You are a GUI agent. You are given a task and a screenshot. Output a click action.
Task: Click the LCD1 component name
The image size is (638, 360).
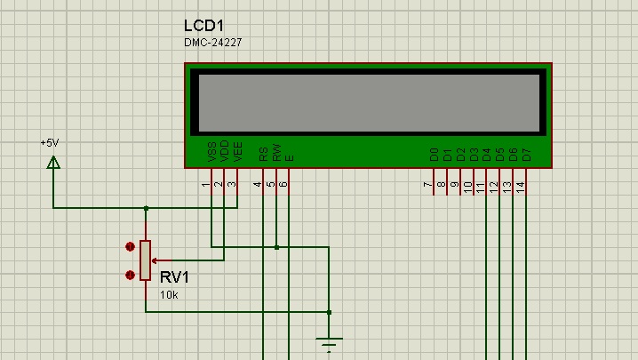[x=203, y=26]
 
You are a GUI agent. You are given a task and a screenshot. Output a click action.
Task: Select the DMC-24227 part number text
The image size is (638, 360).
[x=212, y=43]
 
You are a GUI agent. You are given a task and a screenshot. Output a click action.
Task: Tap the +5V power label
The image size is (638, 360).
[x=50, y=143]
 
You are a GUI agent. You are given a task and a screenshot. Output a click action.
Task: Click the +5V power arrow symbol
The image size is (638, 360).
[x=53, y=163]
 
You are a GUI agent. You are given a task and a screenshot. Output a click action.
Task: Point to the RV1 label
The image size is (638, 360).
[x=174, y=277]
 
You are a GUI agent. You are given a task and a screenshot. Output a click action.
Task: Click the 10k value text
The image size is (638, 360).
[x=169, y=295]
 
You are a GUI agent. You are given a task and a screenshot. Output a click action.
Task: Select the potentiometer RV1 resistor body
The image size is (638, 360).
[x=145, y=260]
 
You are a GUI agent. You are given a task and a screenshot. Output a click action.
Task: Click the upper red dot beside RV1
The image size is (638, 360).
[x=130, y=247]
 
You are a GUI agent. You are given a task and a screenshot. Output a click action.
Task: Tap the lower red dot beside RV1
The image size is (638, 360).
[x=130, y=276]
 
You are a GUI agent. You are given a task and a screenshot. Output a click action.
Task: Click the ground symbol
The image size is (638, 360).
[x=329, y=344]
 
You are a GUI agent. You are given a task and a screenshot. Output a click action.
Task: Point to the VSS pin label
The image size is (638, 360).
[x=212, y=151]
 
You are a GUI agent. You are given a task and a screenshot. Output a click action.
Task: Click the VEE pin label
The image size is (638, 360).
[x=238, y=151]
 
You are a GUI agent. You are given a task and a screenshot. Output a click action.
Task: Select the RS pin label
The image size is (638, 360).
[x=263, y=155]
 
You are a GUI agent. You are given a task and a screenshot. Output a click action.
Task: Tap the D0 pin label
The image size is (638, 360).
[x=435, y=155]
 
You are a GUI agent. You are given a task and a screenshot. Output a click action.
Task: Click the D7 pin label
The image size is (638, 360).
[x=527, y=155]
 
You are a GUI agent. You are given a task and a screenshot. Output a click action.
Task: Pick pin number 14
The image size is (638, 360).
[x=521, y=187]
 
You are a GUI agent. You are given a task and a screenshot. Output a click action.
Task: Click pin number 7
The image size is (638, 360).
[x=427, y=185]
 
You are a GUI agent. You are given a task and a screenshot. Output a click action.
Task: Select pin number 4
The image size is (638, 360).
[x=257, y=185]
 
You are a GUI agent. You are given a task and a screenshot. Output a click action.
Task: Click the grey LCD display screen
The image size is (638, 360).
[x=369, y=103]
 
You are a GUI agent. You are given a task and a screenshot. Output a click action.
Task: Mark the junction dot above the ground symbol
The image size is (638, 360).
[x=329, y=312]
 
